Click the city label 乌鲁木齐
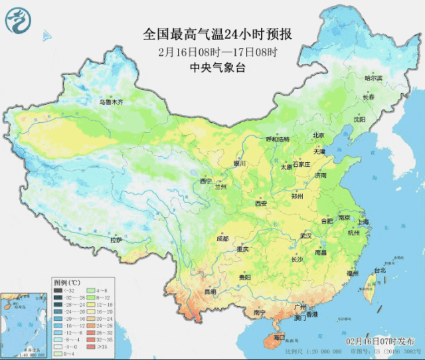pos(111,102)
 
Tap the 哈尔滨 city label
pos(374,78)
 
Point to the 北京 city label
pos(319,135)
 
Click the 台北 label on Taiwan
pos(379,270)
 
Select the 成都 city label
pos(222,238)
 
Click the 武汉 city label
pos(305,235)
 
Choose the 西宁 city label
pos(206,181)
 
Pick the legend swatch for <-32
pos(59,290)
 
